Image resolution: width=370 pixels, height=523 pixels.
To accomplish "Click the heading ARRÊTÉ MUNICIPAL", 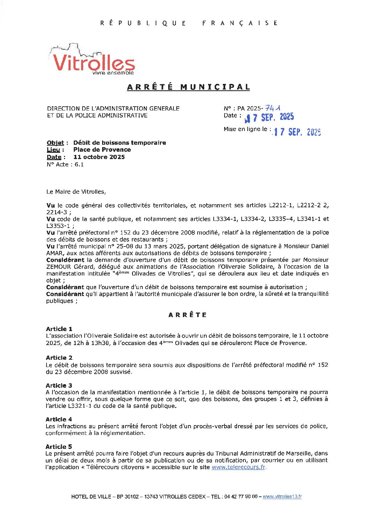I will pos(188,87).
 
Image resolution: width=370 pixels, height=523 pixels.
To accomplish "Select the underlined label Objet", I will pos(55,143).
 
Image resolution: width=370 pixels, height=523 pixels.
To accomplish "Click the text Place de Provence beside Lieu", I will pos(102,150).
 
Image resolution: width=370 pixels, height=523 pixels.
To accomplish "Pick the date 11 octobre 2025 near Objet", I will pos(99,157).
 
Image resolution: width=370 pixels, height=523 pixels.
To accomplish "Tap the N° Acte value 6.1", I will pos(79,164).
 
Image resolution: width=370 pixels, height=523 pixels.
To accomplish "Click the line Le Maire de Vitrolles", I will pos(76,192).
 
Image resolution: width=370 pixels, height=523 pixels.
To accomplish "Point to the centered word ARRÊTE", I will pos(188,315).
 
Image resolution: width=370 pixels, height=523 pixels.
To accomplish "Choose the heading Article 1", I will pos(59,329).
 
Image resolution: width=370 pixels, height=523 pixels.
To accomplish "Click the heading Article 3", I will pos(59,385).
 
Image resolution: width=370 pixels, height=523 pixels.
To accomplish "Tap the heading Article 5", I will pos(59,446).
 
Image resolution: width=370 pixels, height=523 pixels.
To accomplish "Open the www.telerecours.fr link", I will pos(239,467).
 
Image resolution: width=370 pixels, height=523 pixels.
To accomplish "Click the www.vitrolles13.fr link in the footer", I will pos(282,496).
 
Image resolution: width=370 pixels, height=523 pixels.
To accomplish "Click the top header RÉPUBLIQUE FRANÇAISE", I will pos(189,23).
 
